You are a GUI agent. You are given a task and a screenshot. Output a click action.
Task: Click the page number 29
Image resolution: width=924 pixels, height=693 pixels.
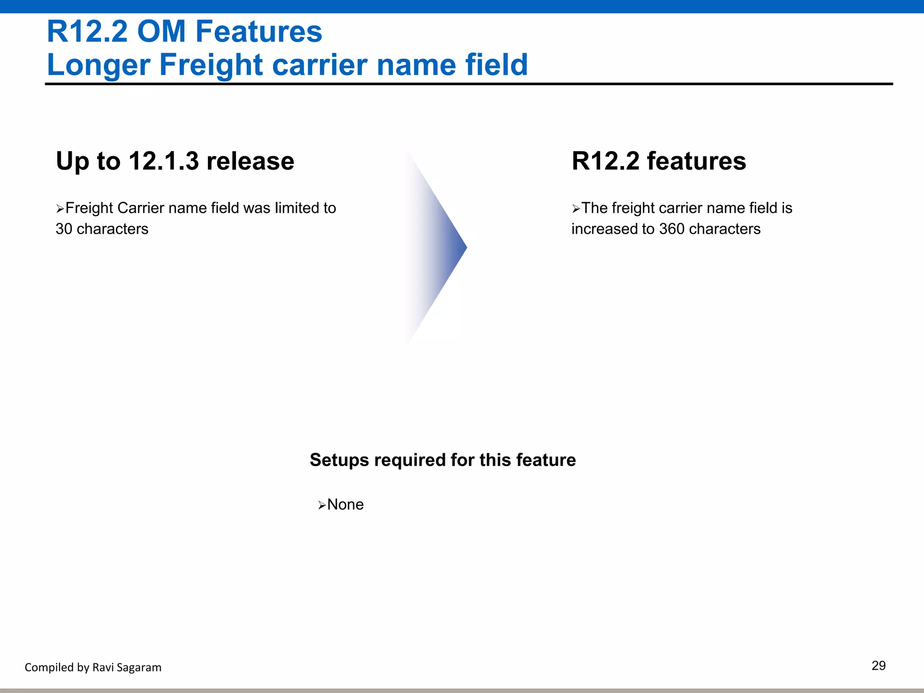[x=878, y=666]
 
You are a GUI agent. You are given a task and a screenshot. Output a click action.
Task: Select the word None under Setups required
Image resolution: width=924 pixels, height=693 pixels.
[x=345, y=504]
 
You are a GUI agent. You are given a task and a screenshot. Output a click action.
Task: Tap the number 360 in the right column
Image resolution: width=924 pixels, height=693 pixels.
[x=672, y=229]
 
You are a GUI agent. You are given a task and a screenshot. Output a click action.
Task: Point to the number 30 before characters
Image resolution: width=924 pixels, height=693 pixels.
[x=64, y=229]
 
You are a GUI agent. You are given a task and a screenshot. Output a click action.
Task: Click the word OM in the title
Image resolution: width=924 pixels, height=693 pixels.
[x=161, y=32]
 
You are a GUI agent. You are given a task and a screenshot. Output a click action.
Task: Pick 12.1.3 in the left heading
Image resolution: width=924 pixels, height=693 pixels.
[x=163, y=161]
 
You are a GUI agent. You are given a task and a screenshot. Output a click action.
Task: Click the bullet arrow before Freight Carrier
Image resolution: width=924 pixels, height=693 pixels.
[x=60, y=209]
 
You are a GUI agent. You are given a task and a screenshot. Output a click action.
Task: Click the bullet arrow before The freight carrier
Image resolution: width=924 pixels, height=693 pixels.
[x=576, y=209]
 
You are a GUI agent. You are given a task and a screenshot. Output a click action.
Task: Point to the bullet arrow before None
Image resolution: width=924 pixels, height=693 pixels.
[x=322, y=505]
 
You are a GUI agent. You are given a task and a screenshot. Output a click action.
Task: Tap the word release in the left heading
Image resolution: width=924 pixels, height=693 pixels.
[x=250, y=161]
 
